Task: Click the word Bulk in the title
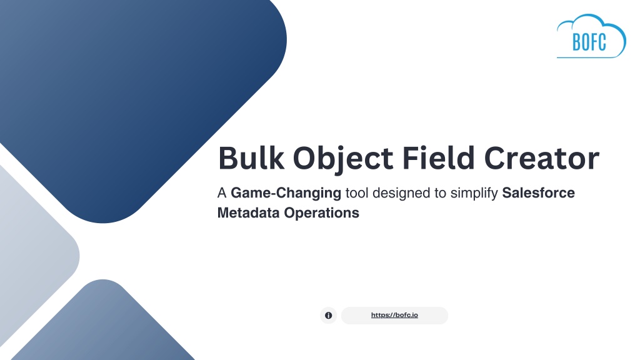(x=251, y=157)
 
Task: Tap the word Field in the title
(x=438, y=157)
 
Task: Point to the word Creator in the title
(x=542, y=158)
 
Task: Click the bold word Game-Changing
(x=286, y=194)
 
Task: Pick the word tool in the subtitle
(x=357, y=192)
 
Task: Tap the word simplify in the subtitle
(x=474, y=194)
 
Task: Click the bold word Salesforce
(x=538, y=192)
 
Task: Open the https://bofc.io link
(x=394, y=315)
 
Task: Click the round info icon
(x=328, y=316)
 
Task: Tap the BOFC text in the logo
(x=589, y=42)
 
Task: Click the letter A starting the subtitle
(x=222, y=193)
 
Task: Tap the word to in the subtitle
(x=441, y=194)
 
